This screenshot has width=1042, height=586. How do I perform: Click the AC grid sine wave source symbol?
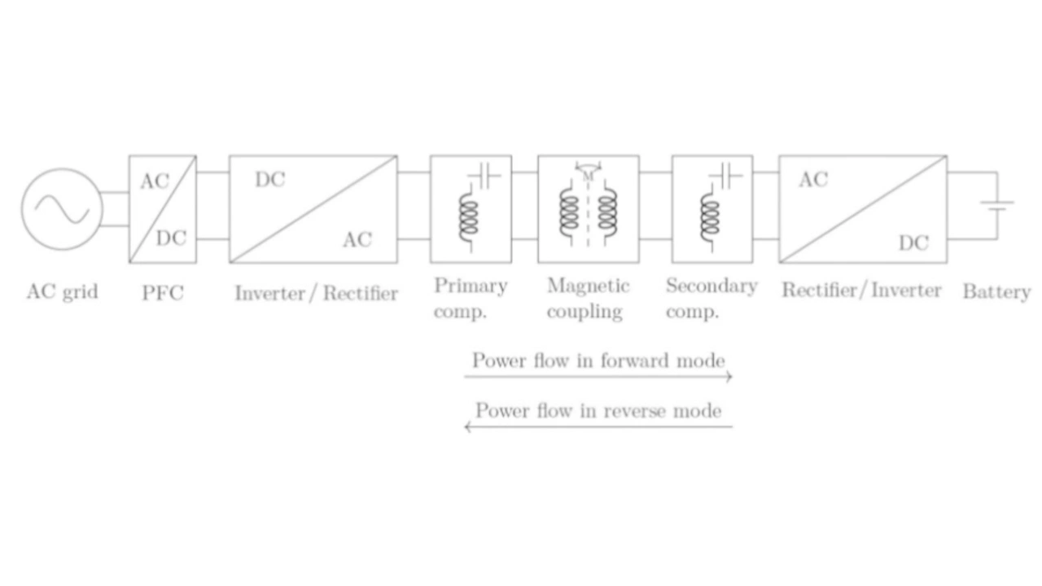pyautogui.click(x=62, y=209)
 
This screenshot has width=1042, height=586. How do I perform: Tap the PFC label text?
pyautogui.click(x=163, y=293)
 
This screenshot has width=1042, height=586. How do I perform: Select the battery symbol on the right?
pyautogui.click(x=997, y=206)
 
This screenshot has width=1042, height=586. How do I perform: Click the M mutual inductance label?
pyautogui.click(x=588, y=177)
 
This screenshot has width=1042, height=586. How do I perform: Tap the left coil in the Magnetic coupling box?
pyautogui.click(x=569, y=213)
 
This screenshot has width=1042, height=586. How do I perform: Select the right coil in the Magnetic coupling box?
pyautogui.click(x=607, y=213)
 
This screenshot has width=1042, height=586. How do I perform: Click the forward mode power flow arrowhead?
pyautogui.click(x=729, y=377)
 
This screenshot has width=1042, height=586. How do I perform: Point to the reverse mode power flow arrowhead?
pyautogui.click(x=468, y=426)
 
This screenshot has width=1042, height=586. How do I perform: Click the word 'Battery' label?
pyautogui.click(x=996, y=292)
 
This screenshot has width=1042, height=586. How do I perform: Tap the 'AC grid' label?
pyautogui.click(x=63, y=292)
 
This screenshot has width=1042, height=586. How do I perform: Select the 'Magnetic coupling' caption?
pyautogui.click(x=589, y=299)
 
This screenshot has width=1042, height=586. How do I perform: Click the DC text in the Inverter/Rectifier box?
pyautogui.click(x=270, y=180)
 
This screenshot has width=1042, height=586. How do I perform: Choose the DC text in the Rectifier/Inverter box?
pyautogui.click(x=913, y=243)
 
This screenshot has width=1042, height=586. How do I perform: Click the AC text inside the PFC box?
pyautogui.click(x=155, y=181)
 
